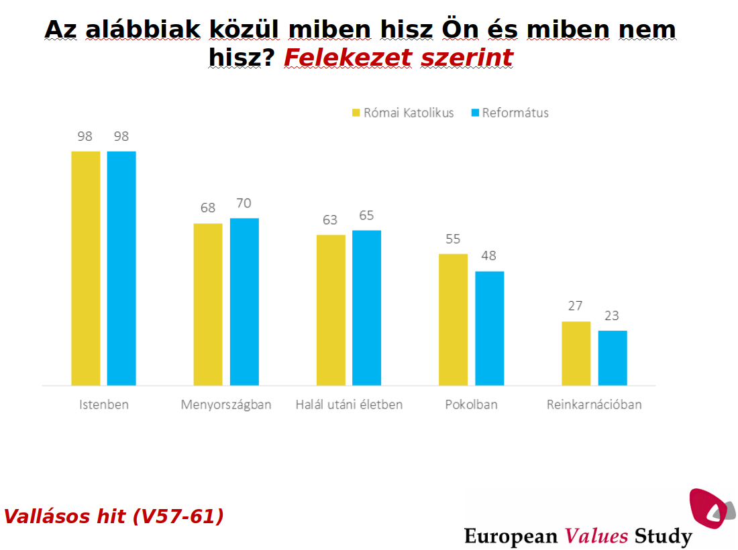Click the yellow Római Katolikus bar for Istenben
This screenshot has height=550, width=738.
point(85,268)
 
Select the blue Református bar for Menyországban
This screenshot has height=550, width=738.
point(244,302)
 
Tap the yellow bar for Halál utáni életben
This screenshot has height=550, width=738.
point(331,310)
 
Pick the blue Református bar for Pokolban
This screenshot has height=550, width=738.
point(489,328)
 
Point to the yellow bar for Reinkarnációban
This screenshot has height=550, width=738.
point(576,353)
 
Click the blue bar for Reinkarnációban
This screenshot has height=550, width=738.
point(613,357)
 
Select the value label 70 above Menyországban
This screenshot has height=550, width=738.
point(244,203)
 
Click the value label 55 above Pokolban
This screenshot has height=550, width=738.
point(454,239)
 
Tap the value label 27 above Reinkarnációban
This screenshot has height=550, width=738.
point(576,307)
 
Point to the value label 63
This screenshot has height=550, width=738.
point(330,220)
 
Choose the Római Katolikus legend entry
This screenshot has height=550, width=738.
point(402,113)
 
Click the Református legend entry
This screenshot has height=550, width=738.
point(510,113)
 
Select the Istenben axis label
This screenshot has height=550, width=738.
point(103,404)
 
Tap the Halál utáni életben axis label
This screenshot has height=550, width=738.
point(349,404)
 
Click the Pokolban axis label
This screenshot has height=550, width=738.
point(471,404)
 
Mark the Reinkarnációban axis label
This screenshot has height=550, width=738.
point(594,404)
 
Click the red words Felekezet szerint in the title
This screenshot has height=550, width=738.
point(398,58)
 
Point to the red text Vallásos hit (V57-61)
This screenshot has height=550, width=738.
point(114,516)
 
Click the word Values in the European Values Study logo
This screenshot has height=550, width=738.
point(596,536)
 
